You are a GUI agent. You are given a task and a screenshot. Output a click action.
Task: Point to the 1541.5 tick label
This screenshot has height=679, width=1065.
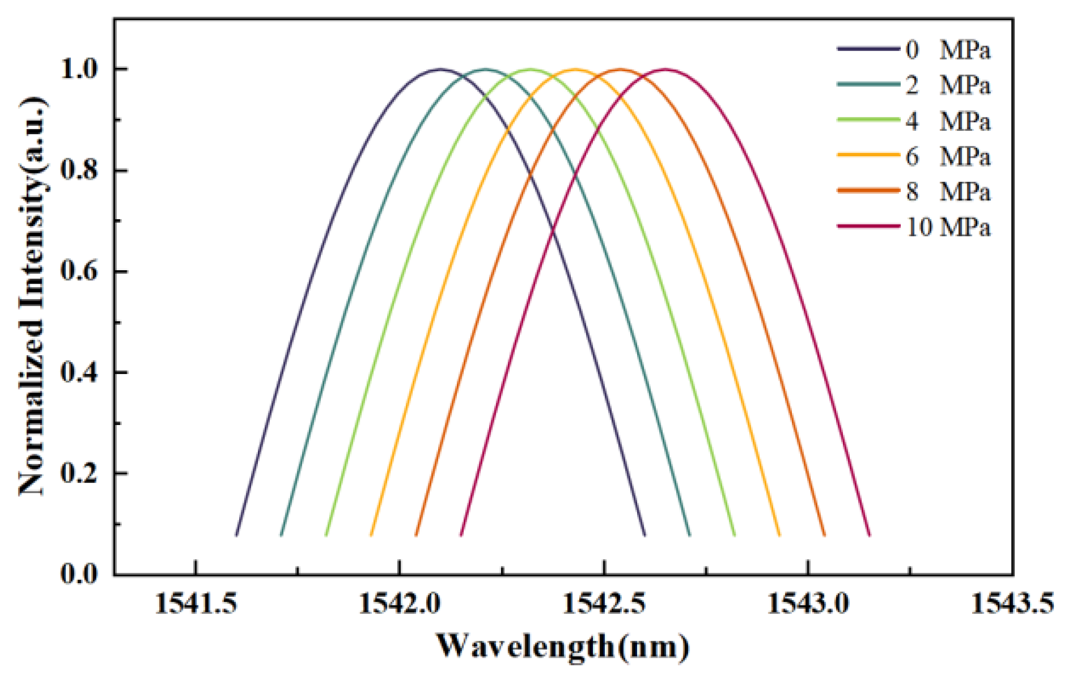point(196,603)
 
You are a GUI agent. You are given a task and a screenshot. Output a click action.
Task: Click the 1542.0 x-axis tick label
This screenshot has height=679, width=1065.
point(399,603)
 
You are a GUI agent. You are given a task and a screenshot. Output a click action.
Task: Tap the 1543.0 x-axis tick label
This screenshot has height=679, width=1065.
point(808,603)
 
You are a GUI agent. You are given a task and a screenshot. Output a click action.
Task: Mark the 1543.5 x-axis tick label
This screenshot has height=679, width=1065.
point(1012,603)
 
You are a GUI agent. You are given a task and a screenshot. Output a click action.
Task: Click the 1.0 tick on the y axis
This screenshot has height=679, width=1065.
point(80,69)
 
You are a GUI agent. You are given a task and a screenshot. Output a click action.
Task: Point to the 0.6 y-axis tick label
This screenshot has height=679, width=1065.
point(80,271)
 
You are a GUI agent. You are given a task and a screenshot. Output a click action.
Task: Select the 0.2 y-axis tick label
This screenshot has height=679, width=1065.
point(80,474)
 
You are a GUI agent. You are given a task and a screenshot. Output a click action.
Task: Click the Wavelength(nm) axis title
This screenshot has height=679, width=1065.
point(563,646)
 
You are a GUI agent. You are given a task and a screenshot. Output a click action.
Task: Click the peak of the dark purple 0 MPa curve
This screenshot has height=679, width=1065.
point(440,69)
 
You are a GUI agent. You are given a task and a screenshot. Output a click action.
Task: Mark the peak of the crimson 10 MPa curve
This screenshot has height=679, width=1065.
point(666,69)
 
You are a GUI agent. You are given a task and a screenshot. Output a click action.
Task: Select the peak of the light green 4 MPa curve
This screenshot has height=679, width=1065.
point(531,69)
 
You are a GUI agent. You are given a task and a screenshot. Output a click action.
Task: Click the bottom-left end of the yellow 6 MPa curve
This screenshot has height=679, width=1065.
point(371,535)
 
